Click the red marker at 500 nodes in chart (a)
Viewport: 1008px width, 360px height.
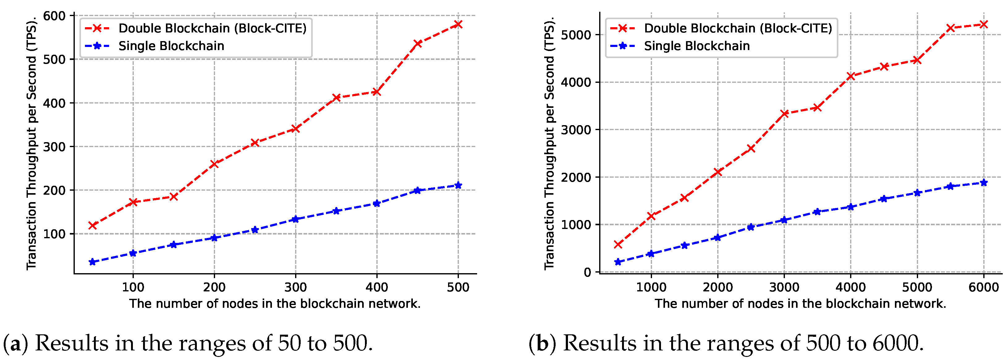pos(458,25)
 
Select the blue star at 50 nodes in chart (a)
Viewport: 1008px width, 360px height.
pos(92,262)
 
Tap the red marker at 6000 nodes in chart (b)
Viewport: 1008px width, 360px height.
pos(983,25)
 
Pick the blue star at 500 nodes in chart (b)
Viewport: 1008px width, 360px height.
pos(618,262)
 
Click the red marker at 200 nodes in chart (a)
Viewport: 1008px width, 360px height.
pos(214,164)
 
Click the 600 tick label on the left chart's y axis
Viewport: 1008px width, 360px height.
pos(54,16)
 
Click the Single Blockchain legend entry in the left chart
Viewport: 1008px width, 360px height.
pos(172,46)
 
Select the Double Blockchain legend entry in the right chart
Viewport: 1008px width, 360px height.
pos(738,28)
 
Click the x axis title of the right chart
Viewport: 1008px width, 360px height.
pos(800,304)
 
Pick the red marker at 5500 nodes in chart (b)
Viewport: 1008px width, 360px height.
pos(951,28)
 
